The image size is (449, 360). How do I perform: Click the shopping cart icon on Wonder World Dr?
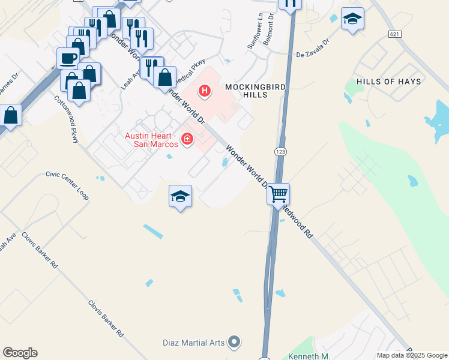[279, 194]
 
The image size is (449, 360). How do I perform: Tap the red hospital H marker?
[205, 91]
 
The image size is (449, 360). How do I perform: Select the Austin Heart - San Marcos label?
[151, 140]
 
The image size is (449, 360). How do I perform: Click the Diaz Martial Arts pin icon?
[235, 343]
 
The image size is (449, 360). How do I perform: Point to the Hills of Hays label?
[388, 81]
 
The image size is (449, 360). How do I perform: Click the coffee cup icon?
[68, 59]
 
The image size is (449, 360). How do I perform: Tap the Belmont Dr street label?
[271, 25]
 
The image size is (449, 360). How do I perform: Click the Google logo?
[20, 353]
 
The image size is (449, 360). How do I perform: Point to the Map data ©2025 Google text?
[411, 355]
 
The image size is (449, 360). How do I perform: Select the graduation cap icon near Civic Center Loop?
[180, 196]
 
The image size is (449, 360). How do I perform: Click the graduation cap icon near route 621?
[352, 19]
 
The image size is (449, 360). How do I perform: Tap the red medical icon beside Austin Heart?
[187, 139]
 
